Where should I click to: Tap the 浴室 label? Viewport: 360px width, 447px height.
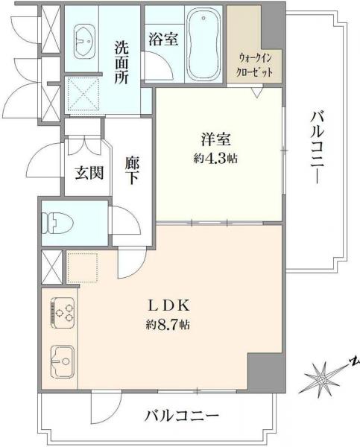pyautogui.click(x=163, y=39)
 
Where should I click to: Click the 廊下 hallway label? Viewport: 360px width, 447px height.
pyautogui.click(x=133, y=171)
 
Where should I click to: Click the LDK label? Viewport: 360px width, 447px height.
pyautogui.click(x=173, y=305)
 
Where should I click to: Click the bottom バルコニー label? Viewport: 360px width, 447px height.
pyautogui.click(x=182, y=415)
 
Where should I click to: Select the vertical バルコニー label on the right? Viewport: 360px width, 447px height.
pyautogui.click(x=317, y=146)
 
